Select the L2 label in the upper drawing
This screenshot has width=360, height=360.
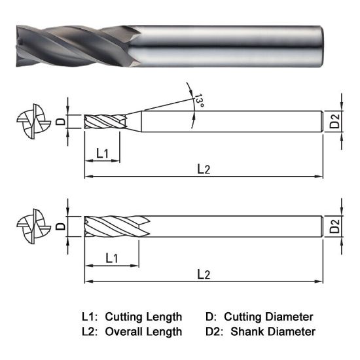tap(204, 169)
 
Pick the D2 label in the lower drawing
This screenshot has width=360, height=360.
tap(334, 227)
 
